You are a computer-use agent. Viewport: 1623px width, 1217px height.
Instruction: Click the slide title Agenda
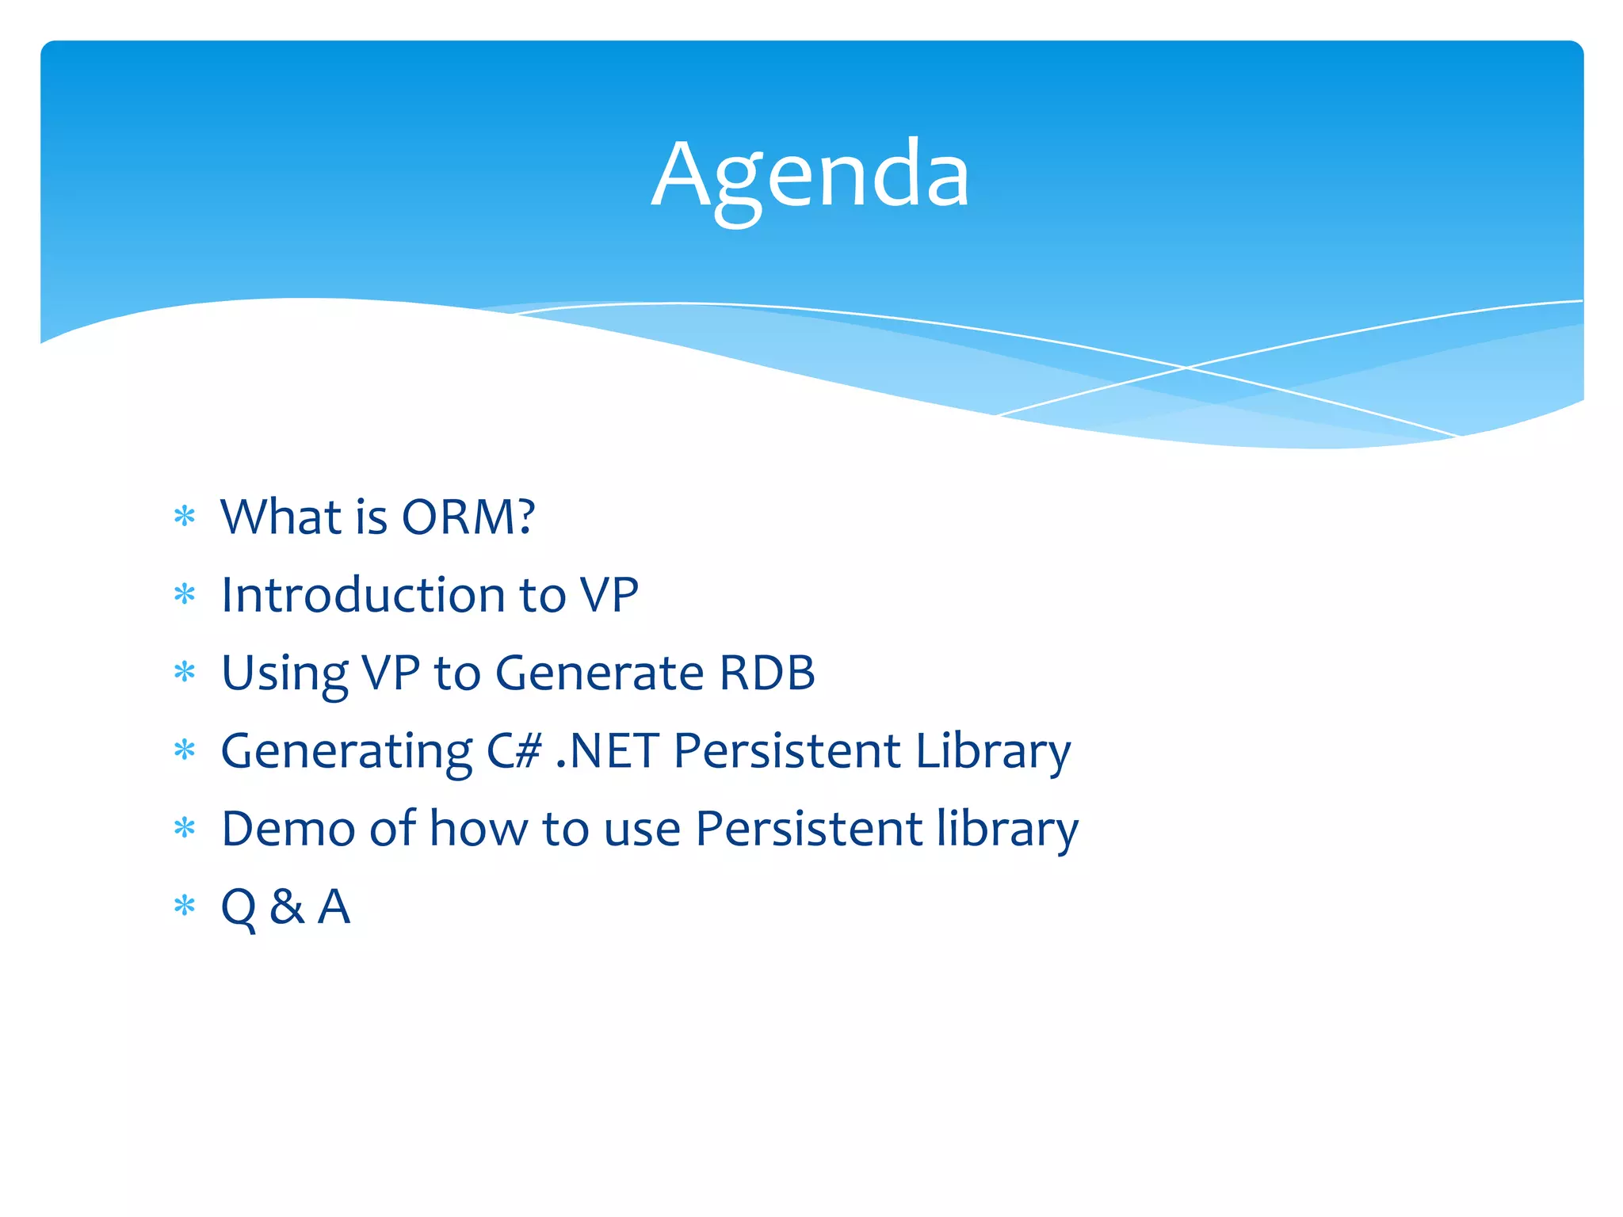[x=811, y=177]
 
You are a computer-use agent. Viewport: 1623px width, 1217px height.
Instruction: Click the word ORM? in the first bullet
[x=468, y=517]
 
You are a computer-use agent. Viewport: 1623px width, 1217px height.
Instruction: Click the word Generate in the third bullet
[x=600, y=673]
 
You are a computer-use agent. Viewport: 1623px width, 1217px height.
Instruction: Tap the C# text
[x=514, y=750]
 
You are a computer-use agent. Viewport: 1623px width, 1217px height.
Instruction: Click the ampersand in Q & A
[x=287, y=906]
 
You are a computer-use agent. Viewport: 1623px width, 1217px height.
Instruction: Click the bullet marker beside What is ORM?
[x=185, y=517]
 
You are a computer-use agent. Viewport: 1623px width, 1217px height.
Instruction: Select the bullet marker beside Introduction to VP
[x=185, y=594]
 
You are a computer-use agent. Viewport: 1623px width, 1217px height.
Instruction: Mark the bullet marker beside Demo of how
[x=185, y=829]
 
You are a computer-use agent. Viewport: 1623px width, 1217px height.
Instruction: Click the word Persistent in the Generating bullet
[x=787, y=750]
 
